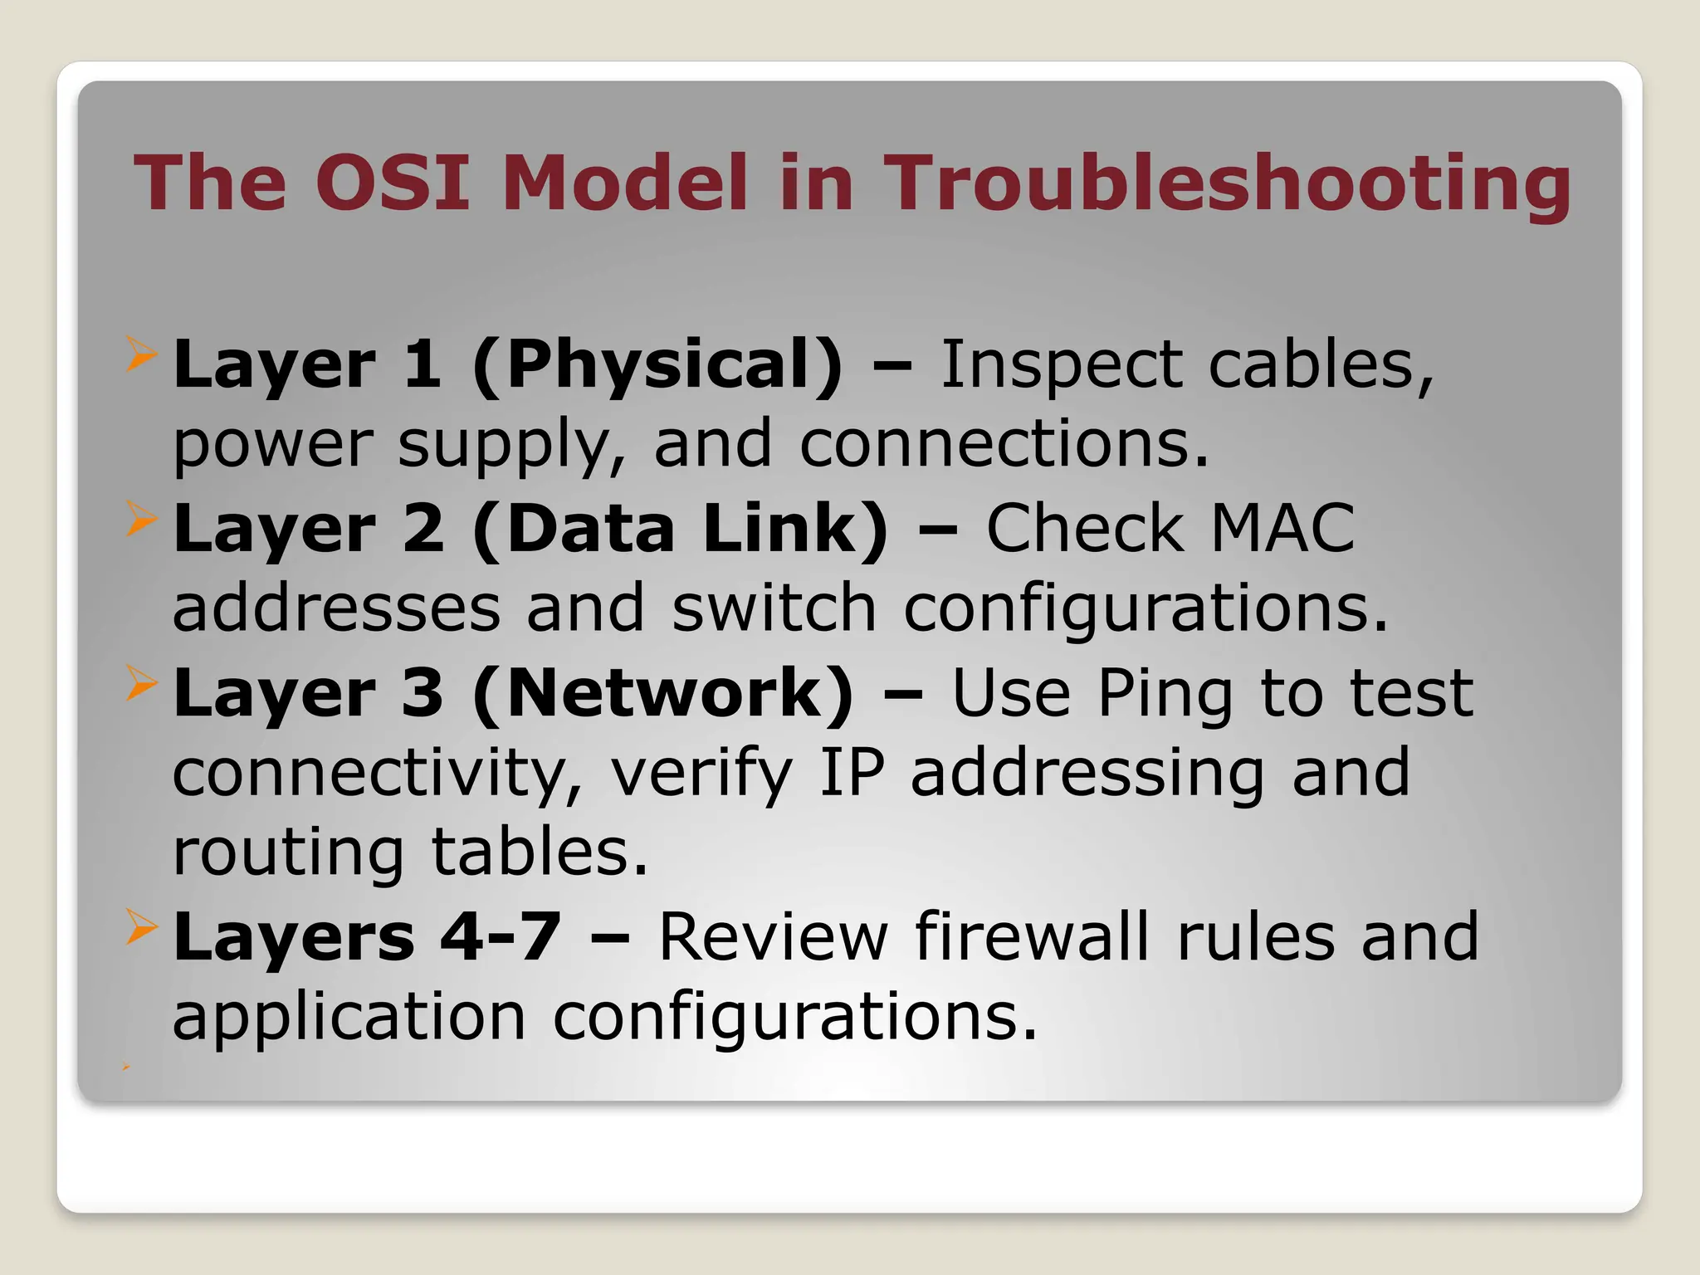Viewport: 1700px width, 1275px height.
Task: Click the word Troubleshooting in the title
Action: point(1226,184)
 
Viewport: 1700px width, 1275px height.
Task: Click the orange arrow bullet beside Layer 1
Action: point(141,354)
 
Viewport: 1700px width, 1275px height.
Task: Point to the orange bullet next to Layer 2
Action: point(141,519)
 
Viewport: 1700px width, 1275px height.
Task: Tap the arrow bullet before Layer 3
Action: point(141,683)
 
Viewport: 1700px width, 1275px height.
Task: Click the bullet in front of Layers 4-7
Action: point(141,927)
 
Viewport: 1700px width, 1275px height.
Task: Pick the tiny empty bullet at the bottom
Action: point(126,1066)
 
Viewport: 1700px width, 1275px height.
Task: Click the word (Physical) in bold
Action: point(657,365)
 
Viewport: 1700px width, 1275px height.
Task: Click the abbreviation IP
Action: point(852,772)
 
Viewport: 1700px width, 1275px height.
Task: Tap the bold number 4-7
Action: point(501,937)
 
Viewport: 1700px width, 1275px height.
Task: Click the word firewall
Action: point(1032,936)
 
